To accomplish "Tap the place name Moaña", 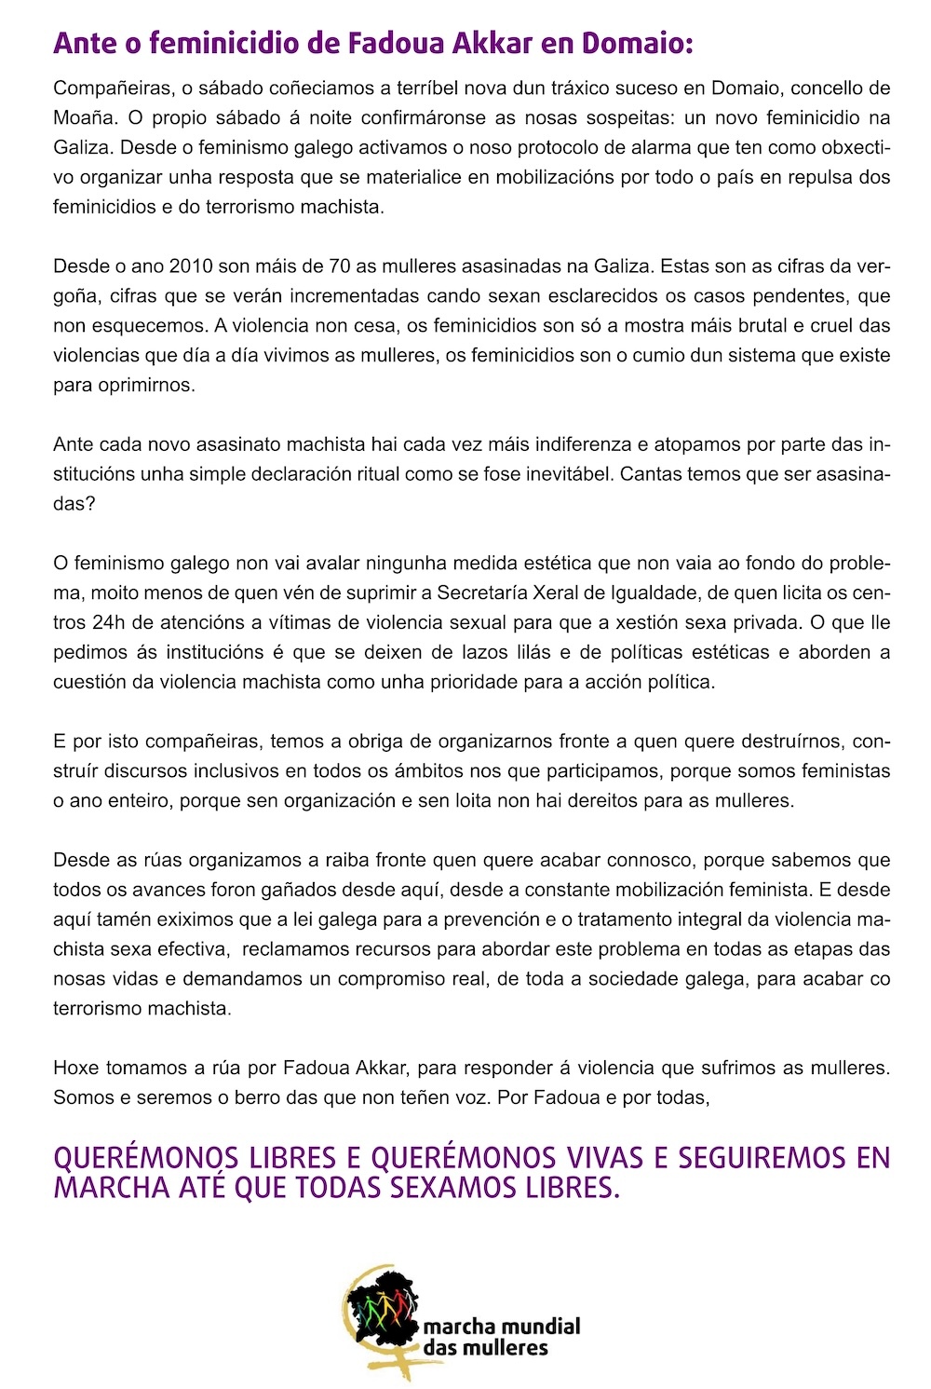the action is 83,117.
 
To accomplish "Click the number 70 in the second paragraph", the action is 340,266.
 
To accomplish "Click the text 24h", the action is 110,622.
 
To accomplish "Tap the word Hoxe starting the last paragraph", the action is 75,1068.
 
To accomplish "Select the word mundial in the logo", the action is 539,1327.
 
